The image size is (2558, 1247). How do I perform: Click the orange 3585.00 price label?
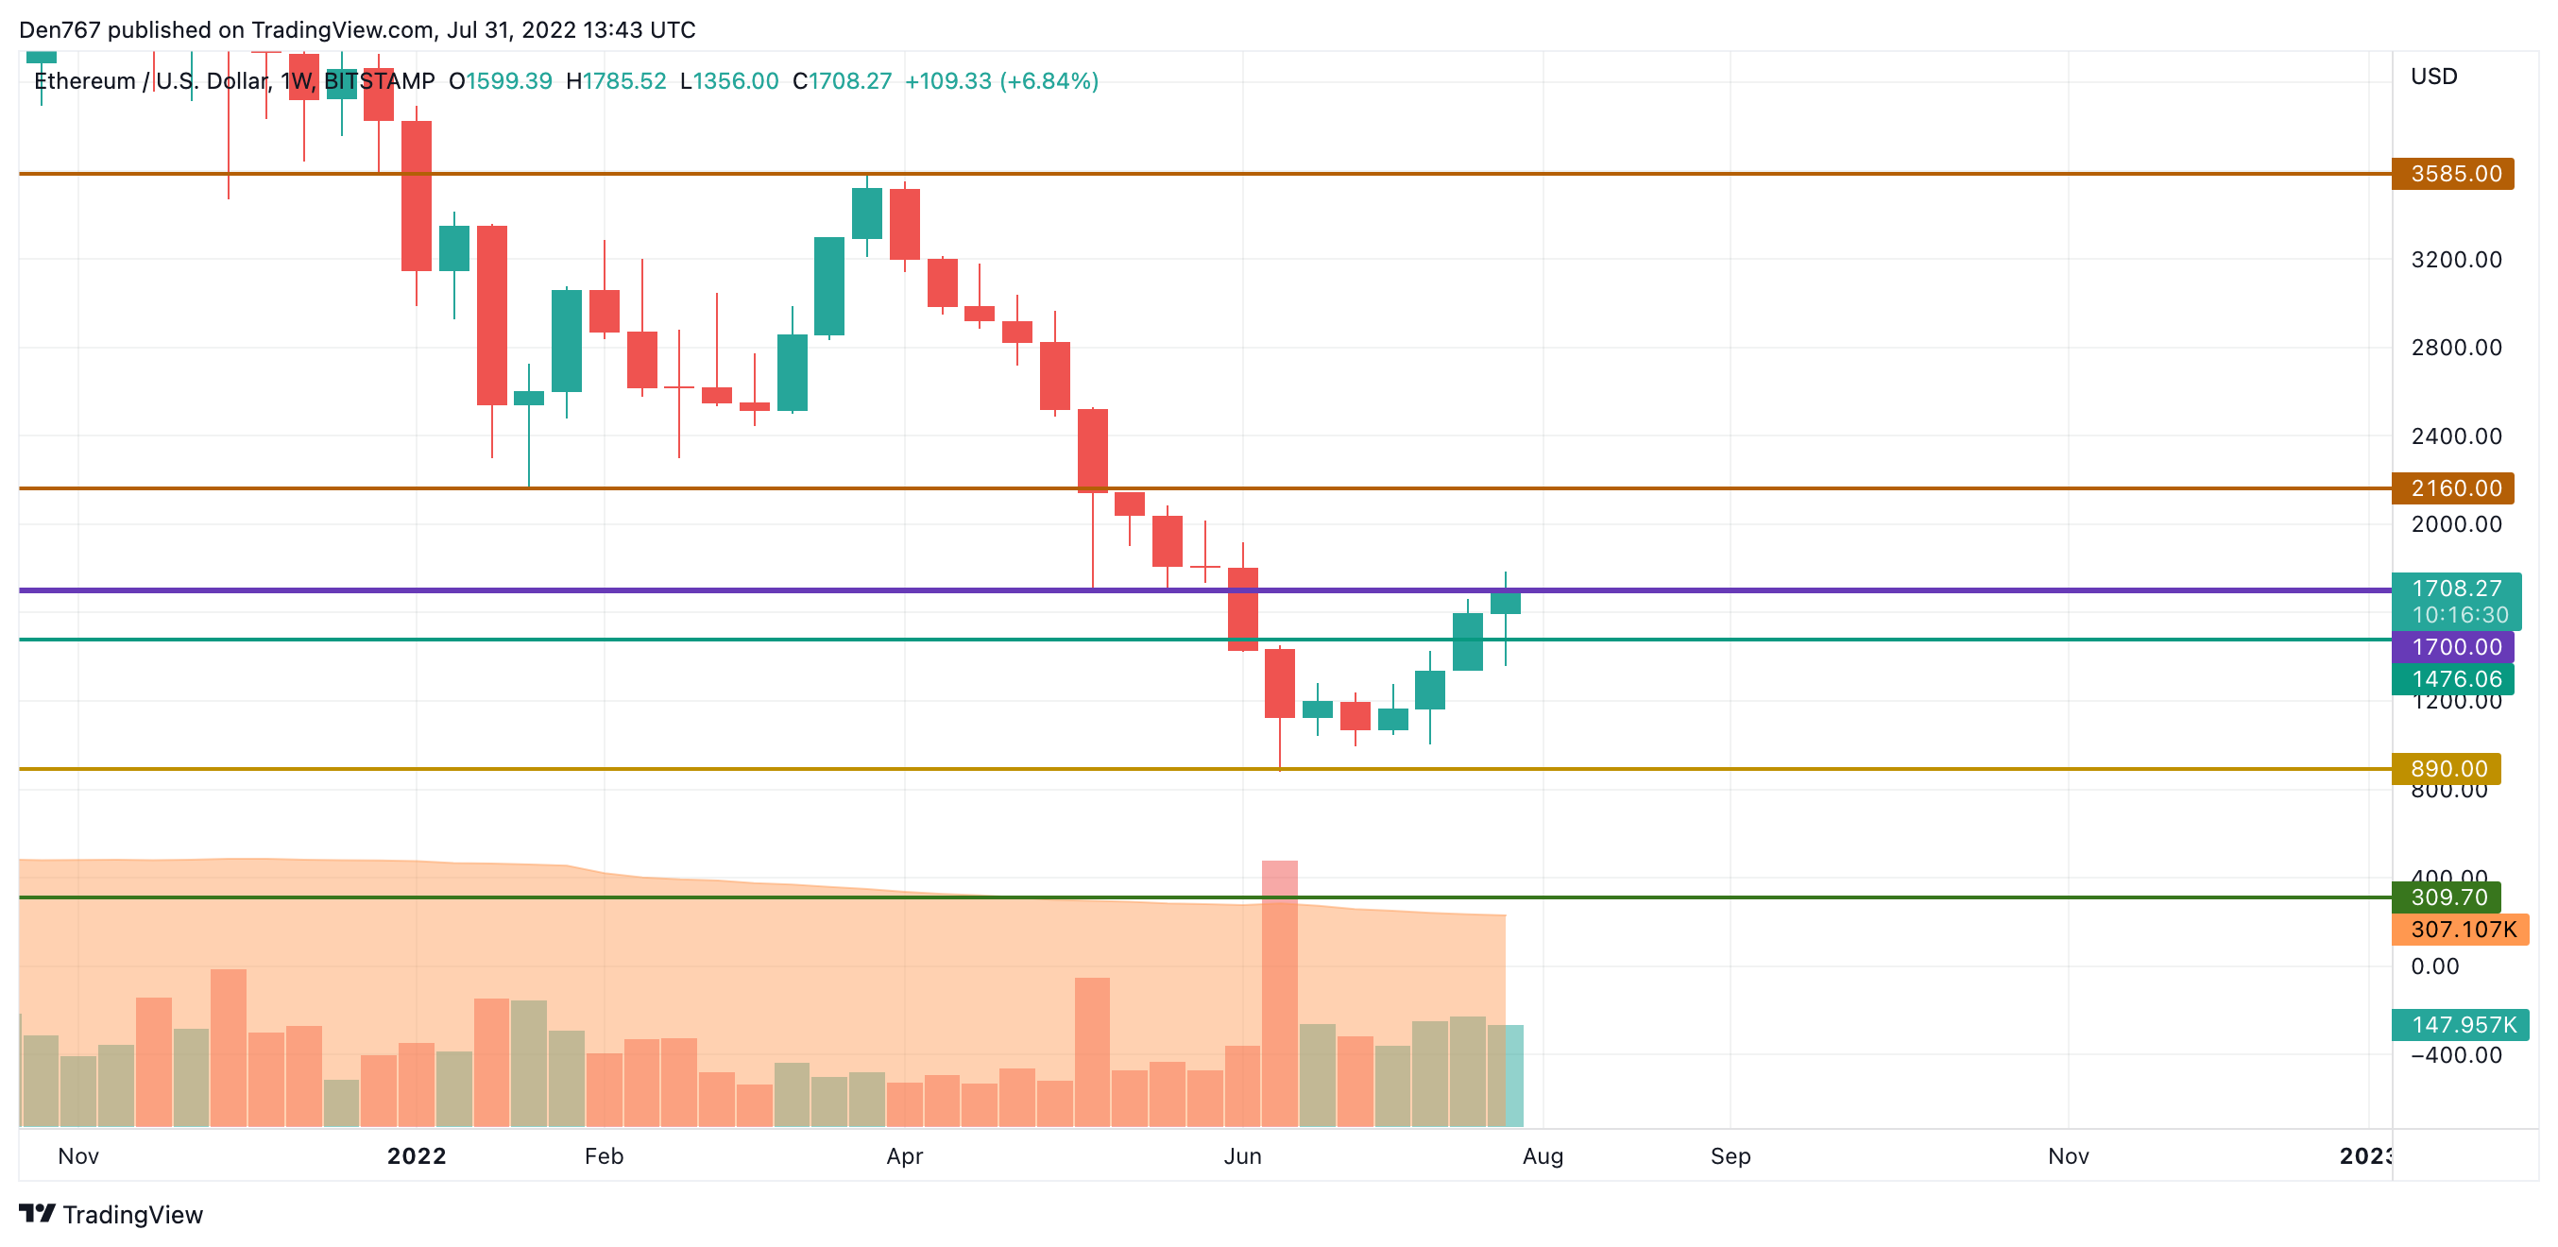point(2452,174)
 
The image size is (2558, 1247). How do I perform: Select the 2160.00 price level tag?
point(2452,487)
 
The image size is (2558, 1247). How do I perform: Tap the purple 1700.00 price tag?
point(2452,646)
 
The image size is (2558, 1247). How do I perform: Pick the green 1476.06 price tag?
point(2452,678)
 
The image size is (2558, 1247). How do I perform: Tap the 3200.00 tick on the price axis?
point(2456,259)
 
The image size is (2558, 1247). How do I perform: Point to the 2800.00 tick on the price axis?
point(2456,348)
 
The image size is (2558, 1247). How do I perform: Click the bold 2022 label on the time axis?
point(416,1155)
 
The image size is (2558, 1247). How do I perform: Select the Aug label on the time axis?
point(1543,1155)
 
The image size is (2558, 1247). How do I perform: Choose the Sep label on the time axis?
point(1730,1155)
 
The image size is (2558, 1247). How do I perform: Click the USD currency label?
point(2433,77)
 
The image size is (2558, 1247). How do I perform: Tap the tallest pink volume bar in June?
point(1279,993)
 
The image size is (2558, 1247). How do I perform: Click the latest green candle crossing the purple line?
point(1505,602)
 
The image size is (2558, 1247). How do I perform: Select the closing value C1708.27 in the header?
point(842,81)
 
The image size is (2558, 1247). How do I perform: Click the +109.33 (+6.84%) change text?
point(1001,81)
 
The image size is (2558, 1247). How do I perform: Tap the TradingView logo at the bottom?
point(111,1214)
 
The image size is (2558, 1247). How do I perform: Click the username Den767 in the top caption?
point(60,30)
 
